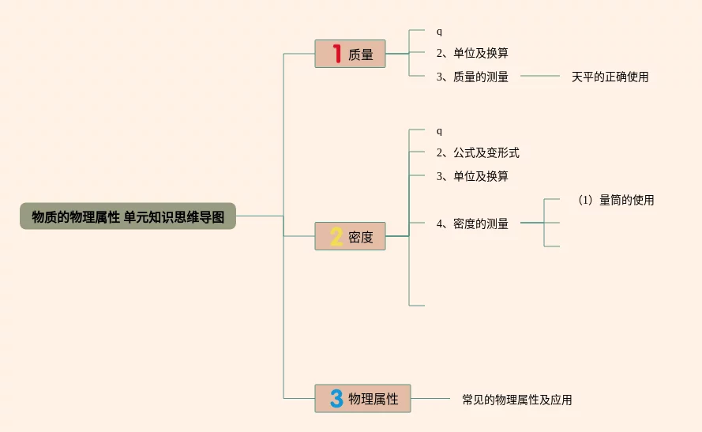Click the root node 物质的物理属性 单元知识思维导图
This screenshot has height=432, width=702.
coord(128,216)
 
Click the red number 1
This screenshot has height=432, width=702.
coord(336,54)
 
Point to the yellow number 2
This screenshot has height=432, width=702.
coord(336,236)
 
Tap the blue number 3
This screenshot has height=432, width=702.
coord(336,399)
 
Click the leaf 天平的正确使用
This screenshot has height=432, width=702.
coord(610,77)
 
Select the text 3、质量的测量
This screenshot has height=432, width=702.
coord(472,77)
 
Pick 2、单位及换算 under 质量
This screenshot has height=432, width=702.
coord(472,53)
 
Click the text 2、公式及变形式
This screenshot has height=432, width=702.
coord(478,152)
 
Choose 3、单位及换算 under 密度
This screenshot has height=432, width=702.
coord(472,176)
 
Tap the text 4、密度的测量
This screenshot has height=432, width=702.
coord(472,224)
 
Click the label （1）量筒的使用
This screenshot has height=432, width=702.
coord(615,200)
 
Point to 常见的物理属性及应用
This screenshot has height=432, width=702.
coord(516,400)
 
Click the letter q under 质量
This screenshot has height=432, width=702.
coord(440,32)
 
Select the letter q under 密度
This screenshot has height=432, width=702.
coord(440,130)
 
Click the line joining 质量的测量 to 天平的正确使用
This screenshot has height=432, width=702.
coord(540,77)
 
